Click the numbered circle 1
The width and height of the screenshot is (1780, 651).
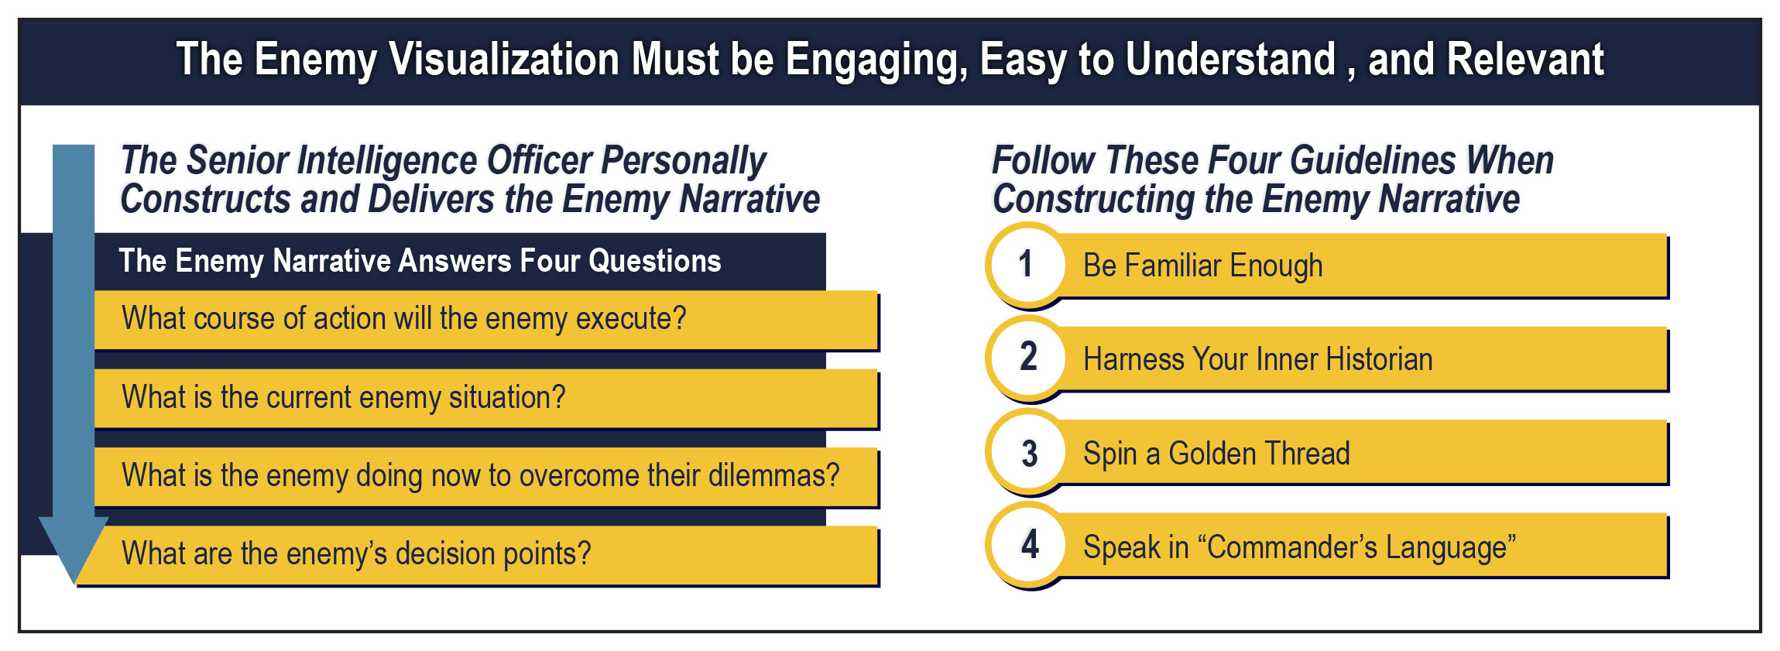pos(1027,264)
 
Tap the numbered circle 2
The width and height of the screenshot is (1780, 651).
pos(1027,358)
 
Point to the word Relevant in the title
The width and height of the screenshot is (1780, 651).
pos(1525,60)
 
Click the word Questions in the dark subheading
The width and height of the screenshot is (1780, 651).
pos(654,262)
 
